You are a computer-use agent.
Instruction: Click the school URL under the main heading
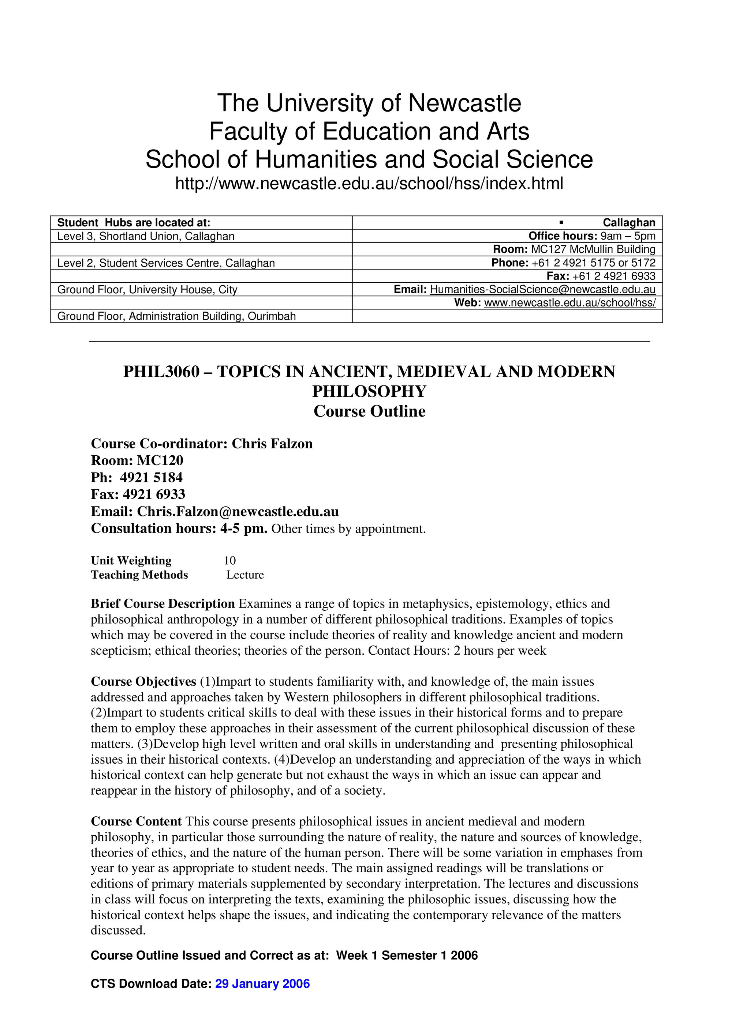pos(369,184)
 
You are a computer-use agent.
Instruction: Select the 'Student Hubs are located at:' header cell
pos(134,223)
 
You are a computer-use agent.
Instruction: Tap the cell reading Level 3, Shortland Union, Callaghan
pos(146,236)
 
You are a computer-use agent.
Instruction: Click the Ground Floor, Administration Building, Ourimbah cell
pos(176,316)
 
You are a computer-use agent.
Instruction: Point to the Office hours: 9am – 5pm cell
pos(592,236)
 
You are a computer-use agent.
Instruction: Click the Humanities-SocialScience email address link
pos(542,289)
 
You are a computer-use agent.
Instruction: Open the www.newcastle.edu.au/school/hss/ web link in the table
pos(569,303)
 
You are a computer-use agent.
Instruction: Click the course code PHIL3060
pos(161,372)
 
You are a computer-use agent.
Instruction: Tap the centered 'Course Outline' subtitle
pos(369,411)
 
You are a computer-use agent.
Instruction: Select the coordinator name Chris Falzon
pos(272,444)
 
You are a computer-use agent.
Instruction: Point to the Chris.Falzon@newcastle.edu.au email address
pos(238,512)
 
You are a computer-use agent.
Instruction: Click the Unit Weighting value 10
pos(229,560)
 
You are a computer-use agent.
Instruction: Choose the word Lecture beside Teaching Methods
pos(245,575)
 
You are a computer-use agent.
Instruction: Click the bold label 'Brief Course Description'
pos(163,603)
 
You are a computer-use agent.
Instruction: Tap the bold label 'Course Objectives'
pos(143,682)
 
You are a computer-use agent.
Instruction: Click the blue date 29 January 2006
pos(262,983)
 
